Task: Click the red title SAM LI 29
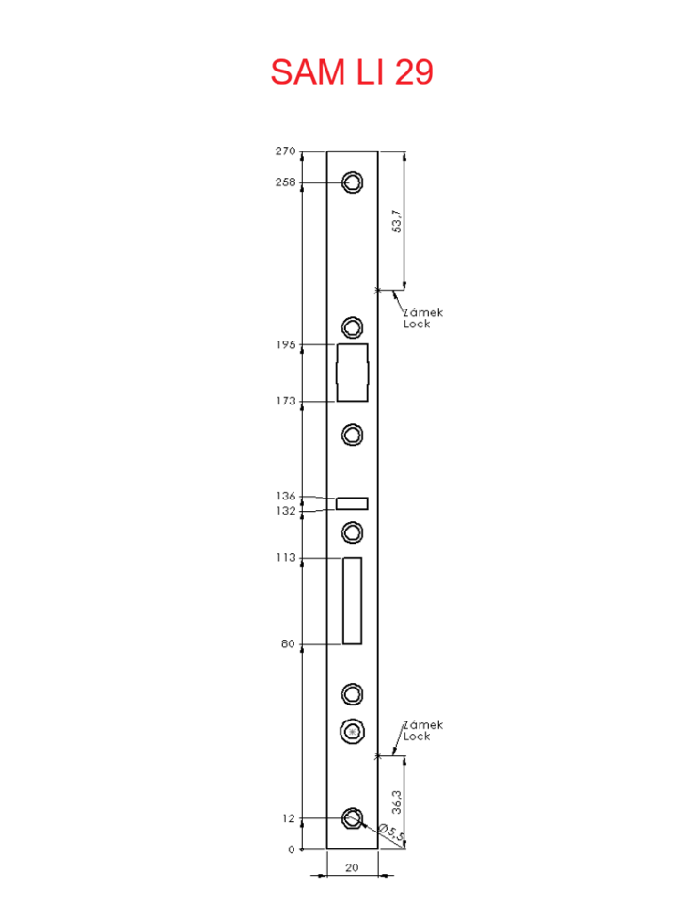coord(351,72)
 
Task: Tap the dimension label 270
coord(286,151)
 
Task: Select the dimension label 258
coord(286,182)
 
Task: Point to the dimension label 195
coord(286,344)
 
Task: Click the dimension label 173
coord(286,401)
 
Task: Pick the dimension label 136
coord(286,496)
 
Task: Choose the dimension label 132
coord(286,511)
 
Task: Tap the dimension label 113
coord(286,558)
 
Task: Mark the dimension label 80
coord(288,643)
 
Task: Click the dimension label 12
coord(289,818)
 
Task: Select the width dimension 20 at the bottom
coord(352,867)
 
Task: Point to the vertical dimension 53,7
coord(397,221)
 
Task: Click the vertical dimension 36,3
coord(397,801)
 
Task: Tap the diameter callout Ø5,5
coord(391,832)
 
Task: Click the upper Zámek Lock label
coord(422,318)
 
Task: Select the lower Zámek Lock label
coord(422,730)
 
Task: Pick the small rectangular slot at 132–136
coord(352,503)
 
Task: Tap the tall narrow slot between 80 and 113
coord(352,601)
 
